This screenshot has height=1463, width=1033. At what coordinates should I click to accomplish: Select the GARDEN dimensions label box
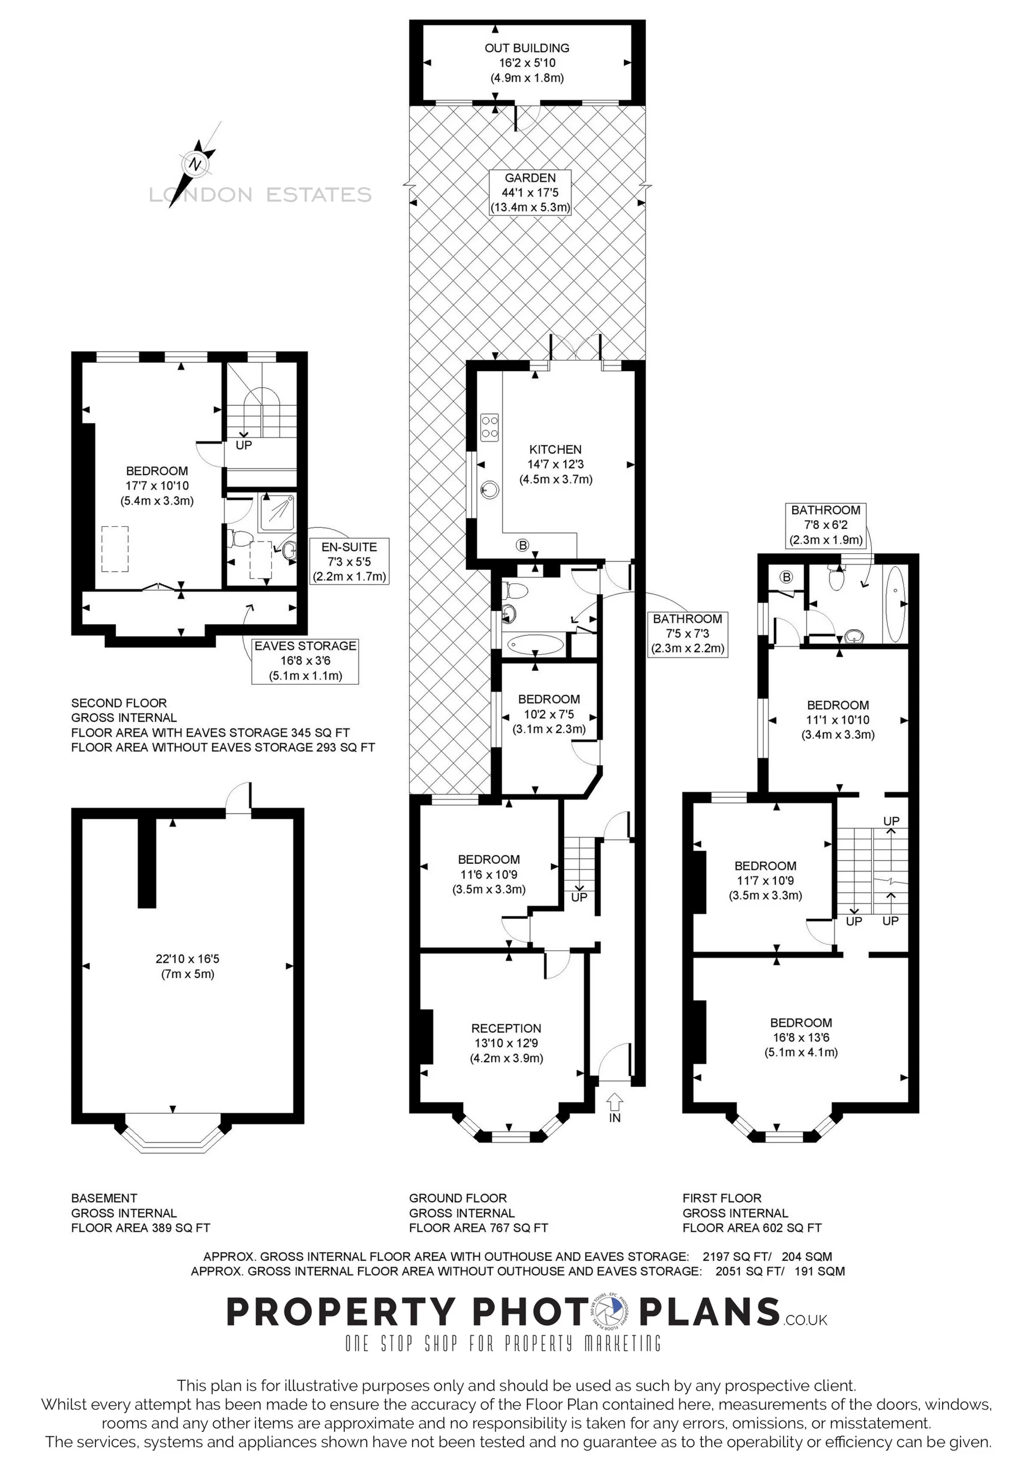(x=530, y=192)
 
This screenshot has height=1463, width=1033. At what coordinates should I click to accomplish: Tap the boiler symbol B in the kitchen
(x=523, y=546)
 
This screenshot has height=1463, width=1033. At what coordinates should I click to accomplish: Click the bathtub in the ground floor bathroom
(x=536, y=644)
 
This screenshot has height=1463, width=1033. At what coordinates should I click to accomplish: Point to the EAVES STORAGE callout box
(x=305, y=661)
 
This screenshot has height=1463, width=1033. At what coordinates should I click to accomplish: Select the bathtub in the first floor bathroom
(x=894, y=604)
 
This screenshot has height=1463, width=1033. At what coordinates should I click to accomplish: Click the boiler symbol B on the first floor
(x=787, y=577)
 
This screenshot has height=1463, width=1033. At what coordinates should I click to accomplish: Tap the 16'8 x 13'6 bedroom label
(x=801, y=1037)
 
